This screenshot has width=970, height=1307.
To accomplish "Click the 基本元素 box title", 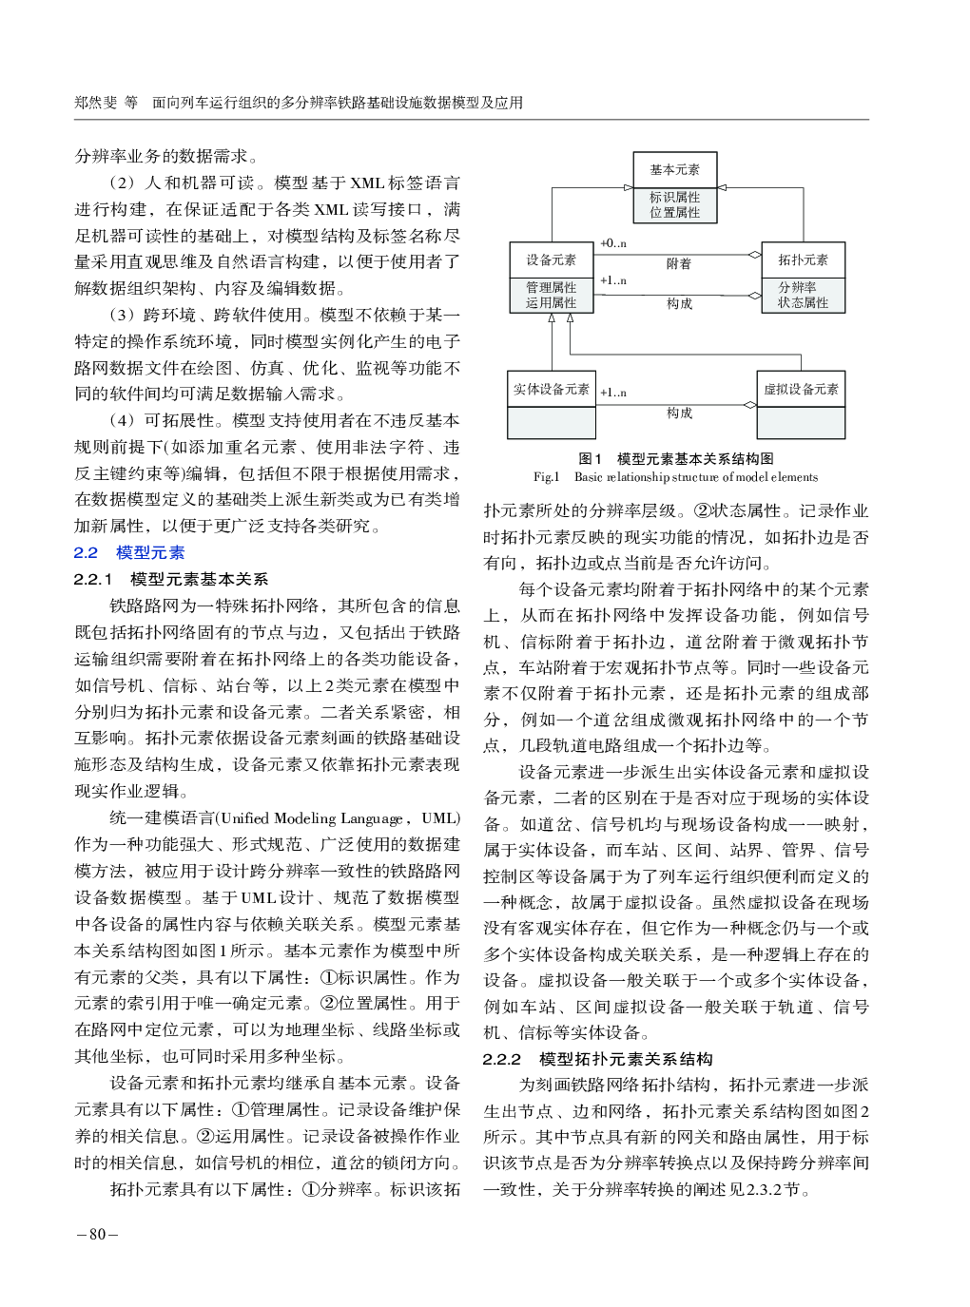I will point(674,169).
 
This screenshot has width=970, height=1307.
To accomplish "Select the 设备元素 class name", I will point(552,259).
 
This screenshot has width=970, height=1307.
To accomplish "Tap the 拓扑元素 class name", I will point(803,259).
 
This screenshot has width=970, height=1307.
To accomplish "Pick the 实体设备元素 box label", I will point(552,389).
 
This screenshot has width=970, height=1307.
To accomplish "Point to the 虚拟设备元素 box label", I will point(801,389).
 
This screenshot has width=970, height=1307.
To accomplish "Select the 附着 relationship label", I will point(679,263).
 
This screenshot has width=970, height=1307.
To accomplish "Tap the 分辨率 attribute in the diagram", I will point(797,287).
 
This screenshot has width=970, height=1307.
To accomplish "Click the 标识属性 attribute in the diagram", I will point(674,197).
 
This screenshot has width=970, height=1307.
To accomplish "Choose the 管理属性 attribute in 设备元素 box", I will point(552,287).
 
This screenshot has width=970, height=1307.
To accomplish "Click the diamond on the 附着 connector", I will point(754,255).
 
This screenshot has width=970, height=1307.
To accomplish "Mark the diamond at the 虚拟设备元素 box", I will point(749,405).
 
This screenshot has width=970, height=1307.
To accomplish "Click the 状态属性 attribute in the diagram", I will point(803,302).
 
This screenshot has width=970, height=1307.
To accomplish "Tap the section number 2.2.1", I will point(93,579).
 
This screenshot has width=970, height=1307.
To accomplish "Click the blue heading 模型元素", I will point(150,552).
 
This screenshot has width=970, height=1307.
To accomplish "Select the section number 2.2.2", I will point(502,1059).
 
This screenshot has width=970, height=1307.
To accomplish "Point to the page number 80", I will point(97,1234).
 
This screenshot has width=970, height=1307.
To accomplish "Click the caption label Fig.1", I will point(547,477).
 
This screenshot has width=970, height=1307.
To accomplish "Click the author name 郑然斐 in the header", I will point(96,103).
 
